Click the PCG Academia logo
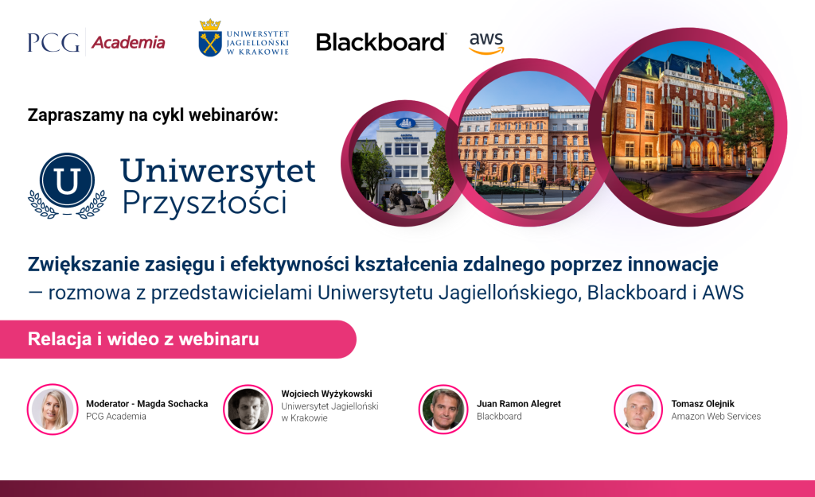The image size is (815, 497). click(x=96, y=42)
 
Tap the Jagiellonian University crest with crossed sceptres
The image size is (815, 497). click(x=210, y=38)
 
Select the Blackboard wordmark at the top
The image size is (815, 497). click(x=381, y=42)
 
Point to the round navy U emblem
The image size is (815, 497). click(x=67, y=180)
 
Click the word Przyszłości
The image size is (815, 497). click(x=205, y=203)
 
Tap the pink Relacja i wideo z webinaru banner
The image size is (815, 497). click(x=178, y=339)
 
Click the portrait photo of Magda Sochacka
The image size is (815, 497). click(x=53, y=410)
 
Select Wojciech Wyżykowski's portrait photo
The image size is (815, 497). click(x=248, y=410)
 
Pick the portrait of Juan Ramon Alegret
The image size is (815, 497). click(x=443, y=410)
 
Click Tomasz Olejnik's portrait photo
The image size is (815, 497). click(x=638, y=410)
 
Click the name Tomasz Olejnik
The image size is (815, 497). click(x=703, y=403)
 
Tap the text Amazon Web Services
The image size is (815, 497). click(x=716, y=416)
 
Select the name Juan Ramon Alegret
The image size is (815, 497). click(x=519, y=403)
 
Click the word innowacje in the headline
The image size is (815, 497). click(x=673, y=264)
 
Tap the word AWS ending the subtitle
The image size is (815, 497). click(x=723, y=293)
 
